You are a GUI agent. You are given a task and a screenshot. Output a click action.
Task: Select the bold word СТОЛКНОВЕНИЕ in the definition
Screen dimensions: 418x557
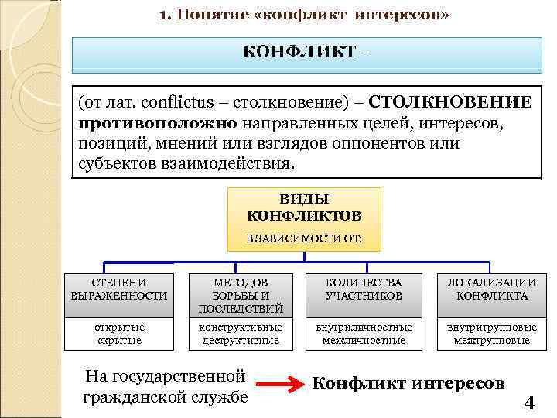point(450,103)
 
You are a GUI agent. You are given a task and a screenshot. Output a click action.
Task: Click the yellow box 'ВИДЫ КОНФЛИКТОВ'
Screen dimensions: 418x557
point(304,205)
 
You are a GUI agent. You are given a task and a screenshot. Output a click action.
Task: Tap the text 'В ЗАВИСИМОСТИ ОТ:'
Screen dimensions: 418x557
point(304,238)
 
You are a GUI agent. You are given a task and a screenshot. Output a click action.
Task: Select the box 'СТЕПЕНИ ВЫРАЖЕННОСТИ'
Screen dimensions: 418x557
point(119,290)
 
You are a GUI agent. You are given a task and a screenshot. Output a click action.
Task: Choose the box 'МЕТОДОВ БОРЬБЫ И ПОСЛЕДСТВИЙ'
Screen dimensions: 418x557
point(241,295)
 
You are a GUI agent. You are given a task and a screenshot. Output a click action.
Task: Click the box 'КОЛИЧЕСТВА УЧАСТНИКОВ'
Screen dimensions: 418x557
point(364,290)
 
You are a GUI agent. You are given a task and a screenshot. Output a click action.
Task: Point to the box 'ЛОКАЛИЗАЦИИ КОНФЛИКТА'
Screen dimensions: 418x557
point(492,290)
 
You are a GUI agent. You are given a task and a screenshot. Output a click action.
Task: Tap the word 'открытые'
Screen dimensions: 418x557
point(119,327)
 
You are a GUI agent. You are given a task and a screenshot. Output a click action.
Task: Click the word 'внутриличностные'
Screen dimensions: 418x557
point(364,327)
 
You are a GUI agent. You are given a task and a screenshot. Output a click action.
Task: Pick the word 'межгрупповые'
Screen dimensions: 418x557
point(492,341)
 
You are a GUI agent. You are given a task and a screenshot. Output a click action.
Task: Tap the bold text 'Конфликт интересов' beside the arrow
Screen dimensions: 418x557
point(408,383)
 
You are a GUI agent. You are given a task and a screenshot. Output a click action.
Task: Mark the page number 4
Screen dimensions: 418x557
point(529,403)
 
